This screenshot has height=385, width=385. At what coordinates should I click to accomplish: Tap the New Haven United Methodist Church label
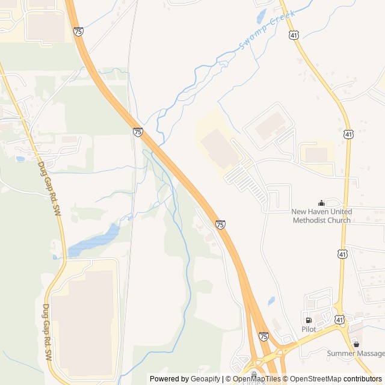321,216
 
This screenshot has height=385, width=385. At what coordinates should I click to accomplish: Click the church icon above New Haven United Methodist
321,203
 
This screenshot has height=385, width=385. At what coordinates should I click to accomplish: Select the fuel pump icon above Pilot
309,320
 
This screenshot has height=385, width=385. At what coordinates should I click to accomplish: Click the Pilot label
309,329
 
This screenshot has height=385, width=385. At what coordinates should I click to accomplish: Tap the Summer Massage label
356,353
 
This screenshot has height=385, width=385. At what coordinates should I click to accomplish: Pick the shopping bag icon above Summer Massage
356,344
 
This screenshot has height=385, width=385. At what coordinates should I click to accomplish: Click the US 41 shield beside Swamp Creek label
293,35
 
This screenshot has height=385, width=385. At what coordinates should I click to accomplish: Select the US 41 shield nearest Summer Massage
340,319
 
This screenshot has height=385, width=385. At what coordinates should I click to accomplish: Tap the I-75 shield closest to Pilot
263,336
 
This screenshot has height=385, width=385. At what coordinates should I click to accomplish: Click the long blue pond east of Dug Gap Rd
94,240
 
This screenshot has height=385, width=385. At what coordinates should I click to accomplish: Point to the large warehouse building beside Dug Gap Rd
82,321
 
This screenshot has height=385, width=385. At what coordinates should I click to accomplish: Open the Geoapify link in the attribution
205,379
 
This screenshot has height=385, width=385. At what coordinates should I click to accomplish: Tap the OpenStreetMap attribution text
316,379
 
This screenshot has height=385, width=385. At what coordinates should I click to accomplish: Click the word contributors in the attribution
363,379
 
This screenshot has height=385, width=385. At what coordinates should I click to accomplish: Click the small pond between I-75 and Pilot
271,300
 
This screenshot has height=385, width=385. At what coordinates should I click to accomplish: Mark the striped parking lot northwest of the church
247,180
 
